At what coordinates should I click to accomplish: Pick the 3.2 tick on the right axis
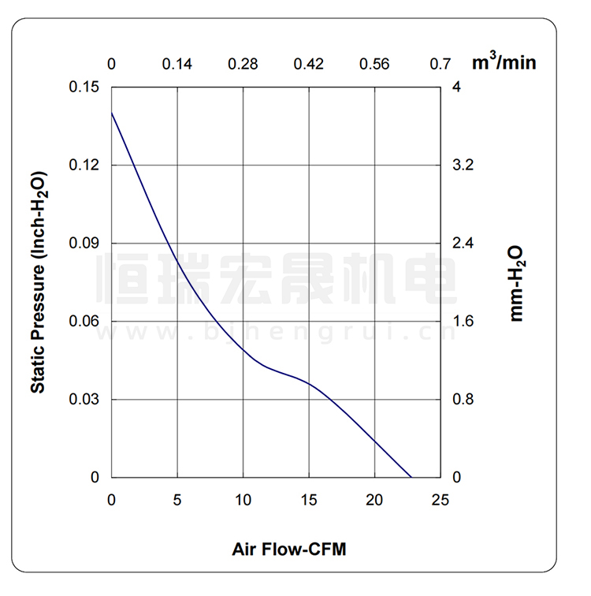463,165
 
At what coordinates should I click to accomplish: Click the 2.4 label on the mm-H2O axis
463,243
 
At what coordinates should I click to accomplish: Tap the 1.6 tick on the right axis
463,321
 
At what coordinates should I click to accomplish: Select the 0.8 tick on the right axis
463,399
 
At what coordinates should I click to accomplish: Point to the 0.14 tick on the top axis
177,64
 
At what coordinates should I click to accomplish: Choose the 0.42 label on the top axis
309,64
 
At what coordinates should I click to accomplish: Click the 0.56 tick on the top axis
375,64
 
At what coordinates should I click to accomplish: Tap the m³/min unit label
504,61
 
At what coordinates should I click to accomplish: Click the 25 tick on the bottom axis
440,499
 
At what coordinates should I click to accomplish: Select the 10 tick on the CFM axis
243,499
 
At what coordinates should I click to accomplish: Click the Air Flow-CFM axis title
289,548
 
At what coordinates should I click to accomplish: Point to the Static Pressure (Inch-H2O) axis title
38,282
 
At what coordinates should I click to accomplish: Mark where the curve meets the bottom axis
411,477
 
